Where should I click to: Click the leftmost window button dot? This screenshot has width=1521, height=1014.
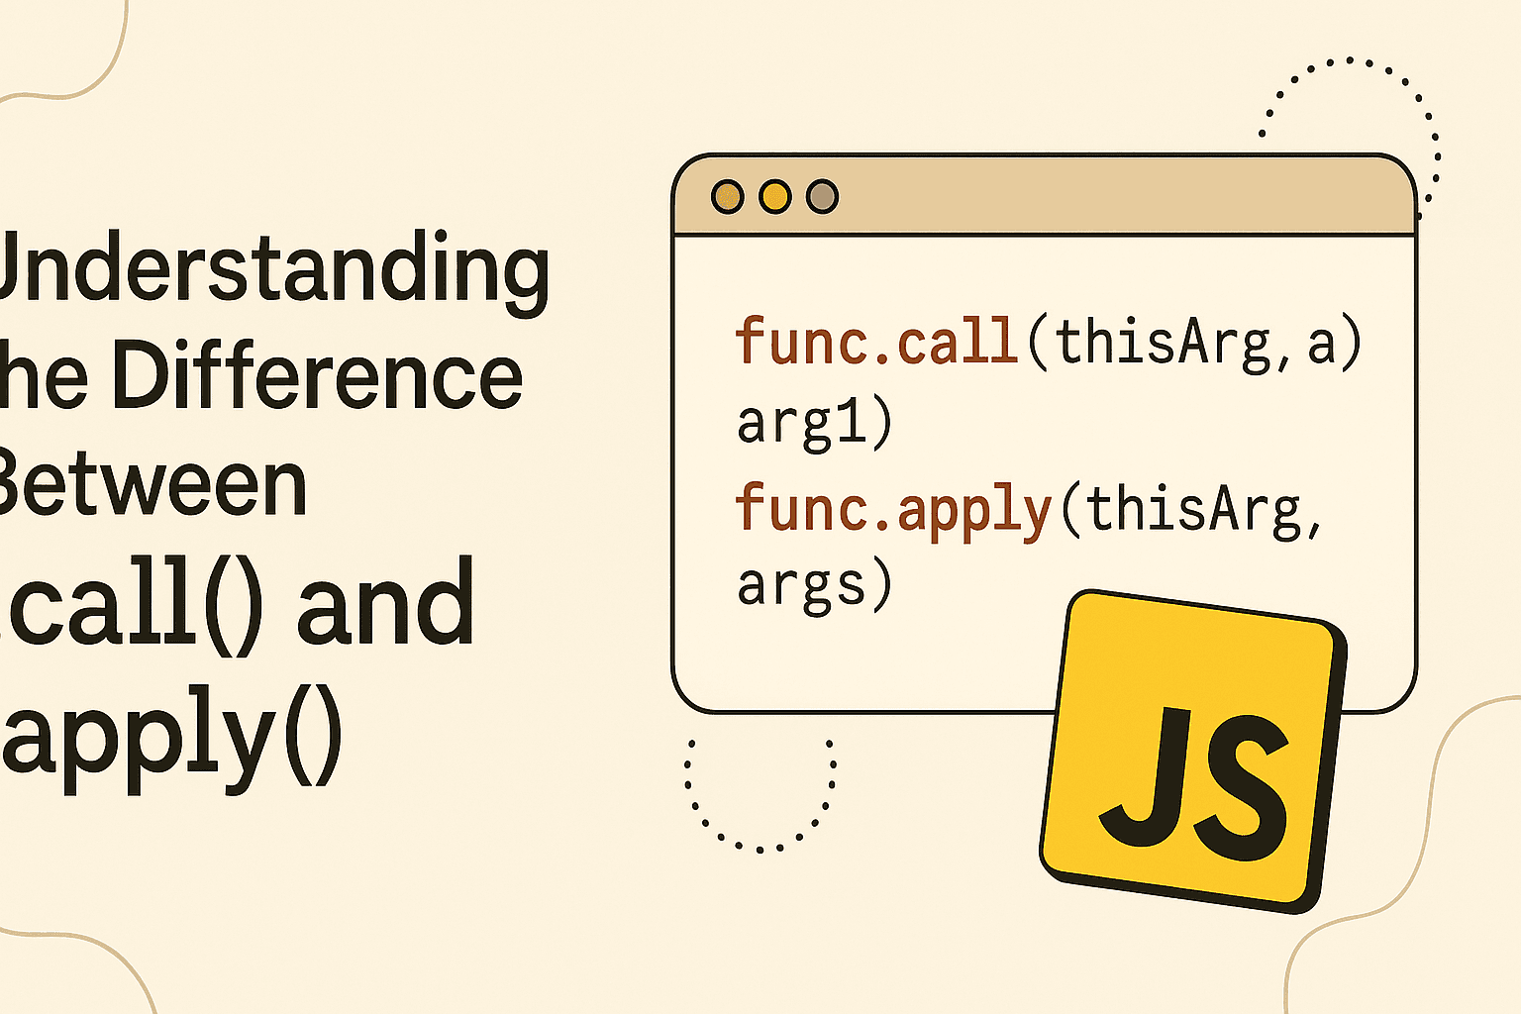pyautogui.click(x=728, y=196)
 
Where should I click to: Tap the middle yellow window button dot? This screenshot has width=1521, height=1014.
pyautogui.click(x=775, y=196)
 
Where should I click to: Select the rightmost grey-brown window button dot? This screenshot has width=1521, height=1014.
pyautogui.click(x=822, y=196)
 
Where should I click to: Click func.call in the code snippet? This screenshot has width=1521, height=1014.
pyautogui.click(x=876, y=342)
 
